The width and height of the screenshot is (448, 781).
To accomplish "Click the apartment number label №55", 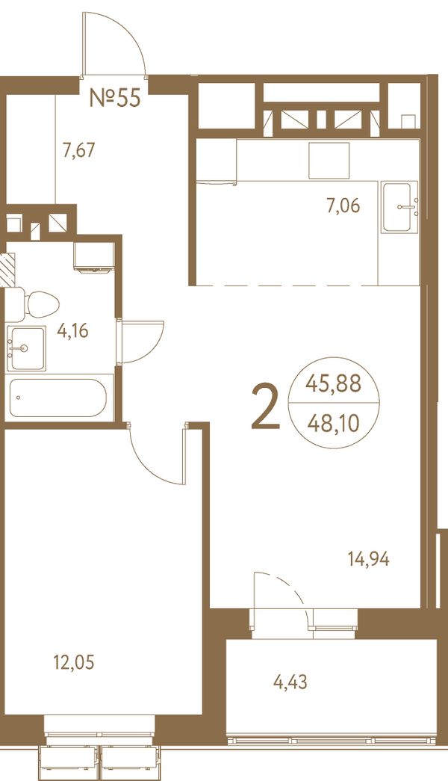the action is tap(115, 98).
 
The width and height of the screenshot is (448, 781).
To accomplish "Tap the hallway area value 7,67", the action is tap(78, 149).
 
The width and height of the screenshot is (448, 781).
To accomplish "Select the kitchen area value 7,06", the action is tap(343, 206).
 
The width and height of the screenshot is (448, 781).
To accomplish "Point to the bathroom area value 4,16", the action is tap(72, 330).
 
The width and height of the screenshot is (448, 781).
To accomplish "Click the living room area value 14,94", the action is tap(368, 559).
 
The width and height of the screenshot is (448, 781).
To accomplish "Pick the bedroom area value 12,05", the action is tap(74, 662).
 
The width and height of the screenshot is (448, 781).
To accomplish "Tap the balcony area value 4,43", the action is tap(290, 682).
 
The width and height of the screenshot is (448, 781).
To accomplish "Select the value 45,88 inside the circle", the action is tap(333, 384).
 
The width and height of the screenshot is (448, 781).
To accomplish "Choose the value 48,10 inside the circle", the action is tap(333, 424).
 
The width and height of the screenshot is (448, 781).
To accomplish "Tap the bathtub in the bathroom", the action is tap(58, 398).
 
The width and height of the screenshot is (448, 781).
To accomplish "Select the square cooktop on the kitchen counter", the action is tap(329, 161).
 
